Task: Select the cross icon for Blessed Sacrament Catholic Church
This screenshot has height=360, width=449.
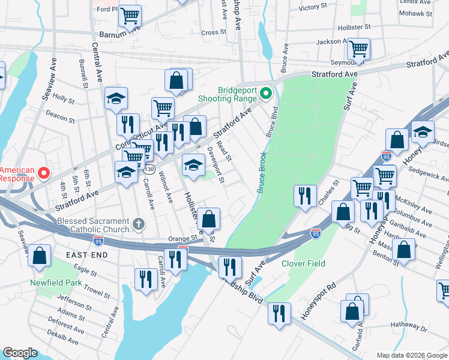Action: pyautogui.click(x=139, y=225)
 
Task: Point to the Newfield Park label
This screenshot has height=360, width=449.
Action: pyautogui.click(x=56, y=282)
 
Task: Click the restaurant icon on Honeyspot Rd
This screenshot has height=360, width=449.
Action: pyautogui.click(x=279, y=313)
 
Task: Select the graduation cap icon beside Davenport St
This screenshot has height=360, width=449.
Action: pyautogui.click(x=193, y=164)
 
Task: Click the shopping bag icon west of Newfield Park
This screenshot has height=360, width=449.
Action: pyautogui.click(x=40, y=256)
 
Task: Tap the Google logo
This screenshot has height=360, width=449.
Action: pyautogui.click(x=20, y=353)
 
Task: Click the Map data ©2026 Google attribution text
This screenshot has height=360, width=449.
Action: pyautogui.click(x=411, y=355)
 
